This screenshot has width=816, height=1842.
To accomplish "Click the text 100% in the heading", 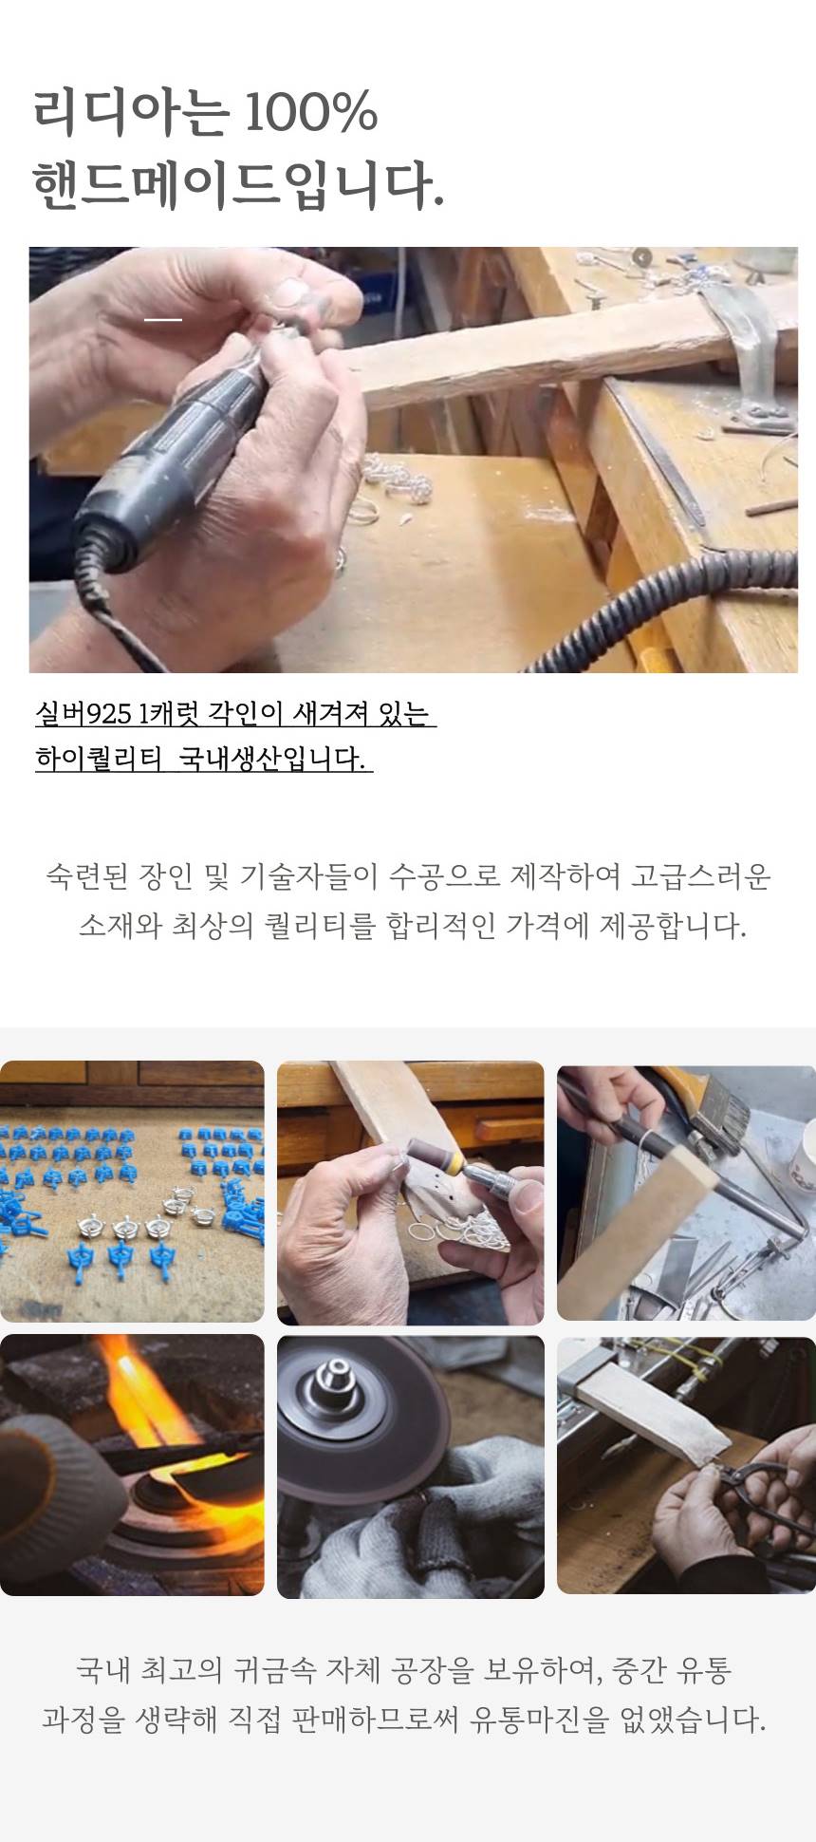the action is click(311, 112).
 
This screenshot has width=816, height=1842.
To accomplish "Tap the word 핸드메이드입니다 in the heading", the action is click(237, 184).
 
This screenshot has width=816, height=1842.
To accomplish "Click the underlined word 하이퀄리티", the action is click(99, 759).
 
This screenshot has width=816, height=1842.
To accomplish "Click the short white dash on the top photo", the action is click(163, 319).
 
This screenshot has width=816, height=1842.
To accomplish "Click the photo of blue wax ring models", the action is click(132, 1191).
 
